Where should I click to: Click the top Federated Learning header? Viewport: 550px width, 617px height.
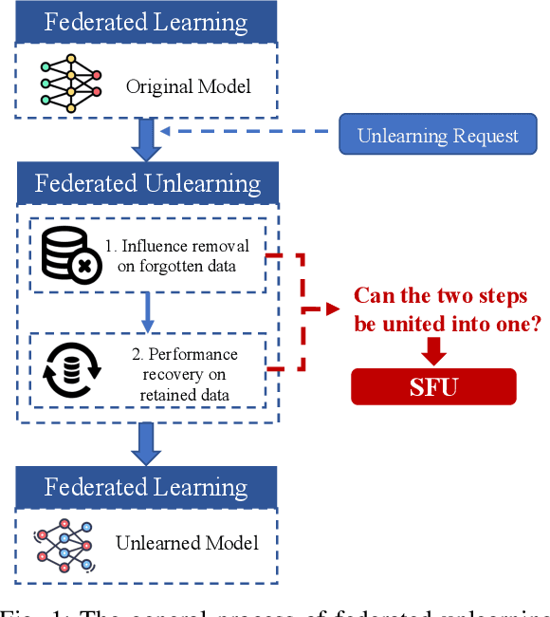coord(146,21)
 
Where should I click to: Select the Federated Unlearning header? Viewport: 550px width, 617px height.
coord(146,182)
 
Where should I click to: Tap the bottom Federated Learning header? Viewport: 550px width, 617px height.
coord(146,488)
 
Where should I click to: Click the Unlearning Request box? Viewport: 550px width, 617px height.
coord(437,136)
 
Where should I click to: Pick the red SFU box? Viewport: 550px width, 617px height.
coord(433,387)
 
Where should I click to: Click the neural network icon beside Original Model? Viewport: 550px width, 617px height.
coord(71,85)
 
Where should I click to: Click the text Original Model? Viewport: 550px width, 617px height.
coord(189,86)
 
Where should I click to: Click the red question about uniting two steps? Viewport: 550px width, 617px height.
coord(440,310)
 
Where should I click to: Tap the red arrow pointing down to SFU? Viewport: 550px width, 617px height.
coord(433,350)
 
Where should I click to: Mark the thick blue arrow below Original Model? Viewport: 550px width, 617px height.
coord(146,140)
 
